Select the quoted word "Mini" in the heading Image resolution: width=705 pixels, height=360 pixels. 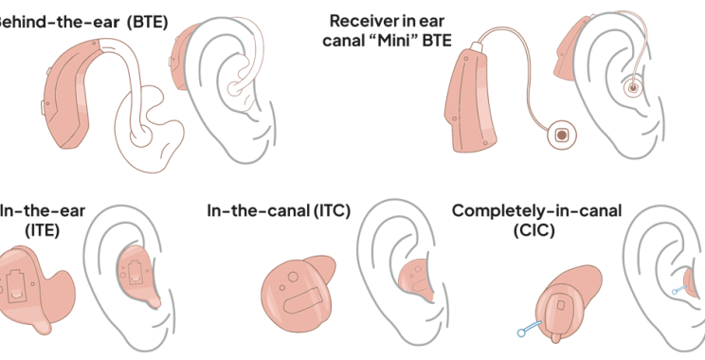point(403,39)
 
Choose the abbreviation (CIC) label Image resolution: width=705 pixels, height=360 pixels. point(536,229)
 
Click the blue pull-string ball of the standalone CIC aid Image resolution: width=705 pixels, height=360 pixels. point(518,332)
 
